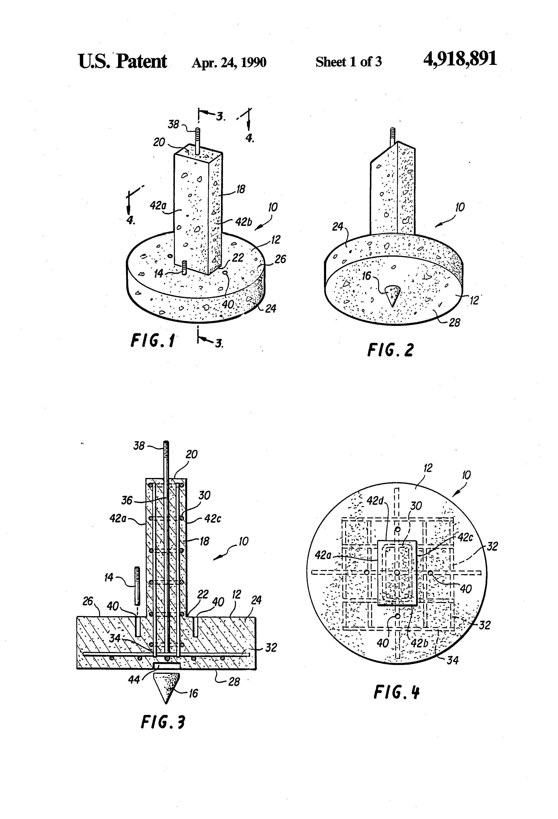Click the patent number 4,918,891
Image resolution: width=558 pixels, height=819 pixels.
click(x=460, y=59)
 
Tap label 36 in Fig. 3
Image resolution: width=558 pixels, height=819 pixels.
click(x=127, y=500)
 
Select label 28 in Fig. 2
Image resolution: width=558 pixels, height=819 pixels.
click(x=454, y=322)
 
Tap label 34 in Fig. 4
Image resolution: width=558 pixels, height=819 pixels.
click(x=453, y=660)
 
